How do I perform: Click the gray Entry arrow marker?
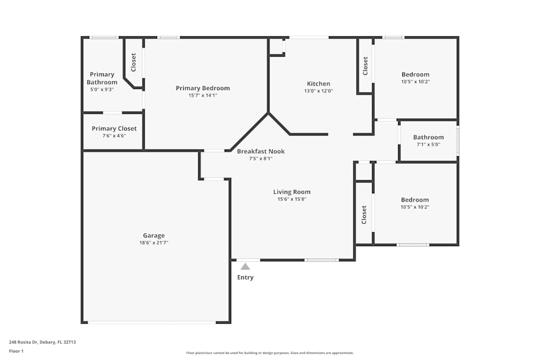click(245, 267)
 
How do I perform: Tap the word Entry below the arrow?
click(245, 277)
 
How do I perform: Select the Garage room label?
click(154, 236)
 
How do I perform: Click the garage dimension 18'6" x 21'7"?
click(153, 243)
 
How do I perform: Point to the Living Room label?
click(292, 192)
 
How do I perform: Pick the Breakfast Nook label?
click(261, 151)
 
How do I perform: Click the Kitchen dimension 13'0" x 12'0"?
click(318, 91)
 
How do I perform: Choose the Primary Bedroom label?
click(203, 88)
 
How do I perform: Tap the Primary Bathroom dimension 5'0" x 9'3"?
click(102, 90)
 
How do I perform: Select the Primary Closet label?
click(114, 128)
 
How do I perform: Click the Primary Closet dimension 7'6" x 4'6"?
click(114, 136)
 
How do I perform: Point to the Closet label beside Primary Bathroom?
click(133, 62)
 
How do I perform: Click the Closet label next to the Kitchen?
click(366, 66)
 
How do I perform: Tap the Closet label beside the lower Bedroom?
click(364, 215)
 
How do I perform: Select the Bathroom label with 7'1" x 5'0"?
click(428, 137)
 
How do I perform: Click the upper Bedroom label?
click(415, 74)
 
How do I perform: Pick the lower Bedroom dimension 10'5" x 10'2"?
click(415, 207)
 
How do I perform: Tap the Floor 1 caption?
click(16, 351)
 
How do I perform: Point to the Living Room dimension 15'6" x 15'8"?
click(292, 199)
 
